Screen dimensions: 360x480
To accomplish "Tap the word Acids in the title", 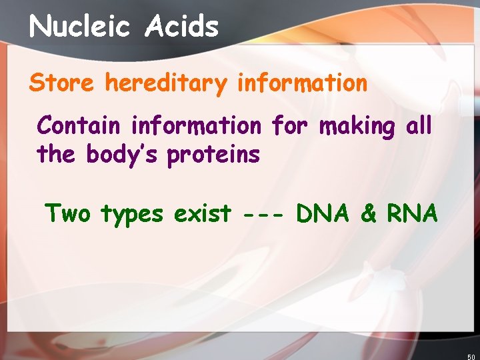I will (182, 27).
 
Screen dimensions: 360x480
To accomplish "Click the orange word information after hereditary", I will (302, 83).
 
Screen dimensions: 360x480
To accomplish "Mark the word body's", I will (123, 155).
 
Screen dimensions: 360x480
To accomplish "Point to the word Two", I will (67, 213).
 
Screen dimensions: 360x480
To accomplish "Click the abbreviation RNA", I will (411, 213).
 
